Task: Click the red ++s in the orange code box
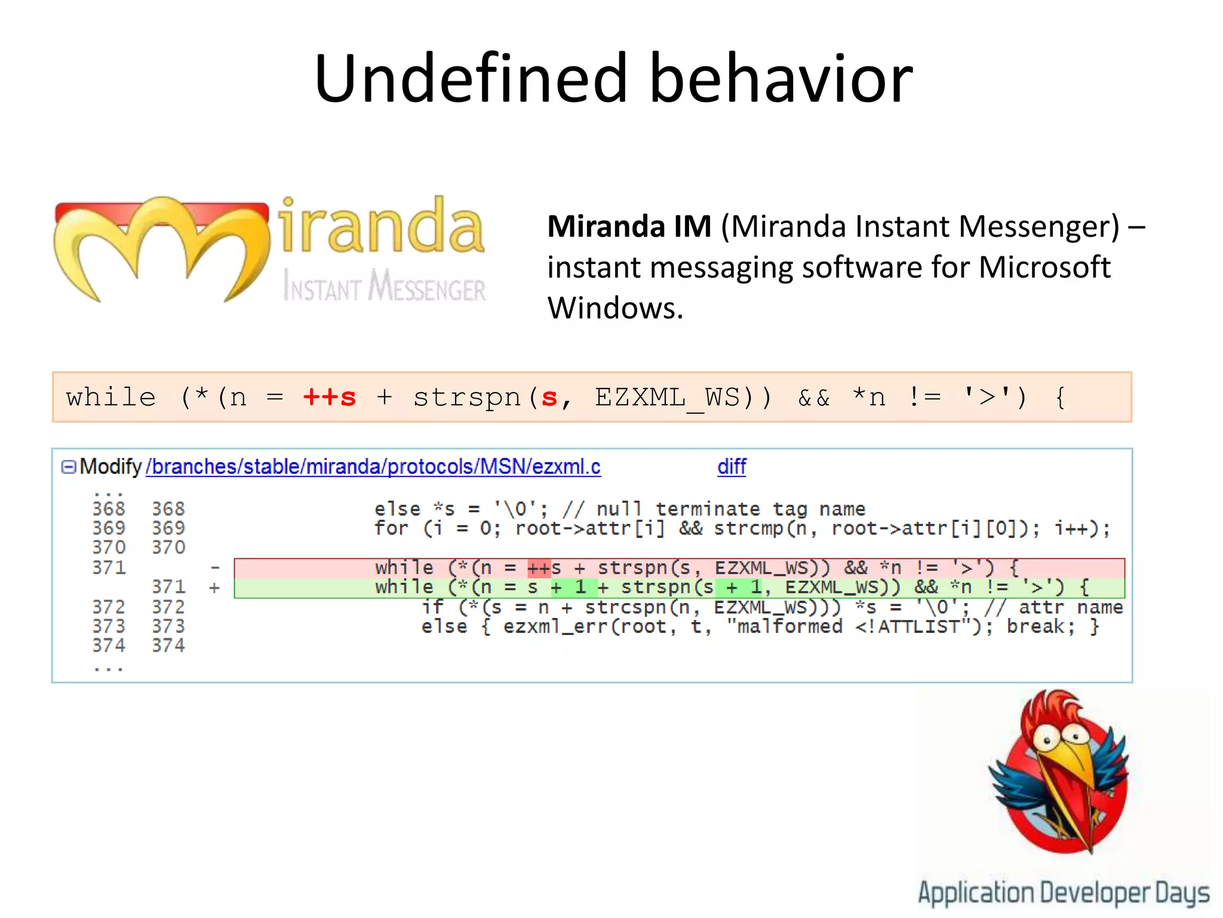click(330, 397)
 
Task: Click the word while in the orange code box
click(111, 397)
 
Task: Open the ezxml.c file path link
click(373, 467)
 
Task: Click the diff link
click(732, 467)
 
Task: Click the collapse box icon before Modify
click(69, 467)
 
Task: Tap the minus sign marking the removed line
click(215, 568)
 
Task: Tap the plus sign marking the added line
click(214, 587)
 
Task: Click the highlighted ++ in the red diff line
click(539, 568)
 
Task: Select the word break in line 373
click(1040, 627)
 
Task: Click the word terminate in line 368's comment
click(708, 509)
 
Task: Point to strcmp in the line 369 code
click(749, 529)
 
